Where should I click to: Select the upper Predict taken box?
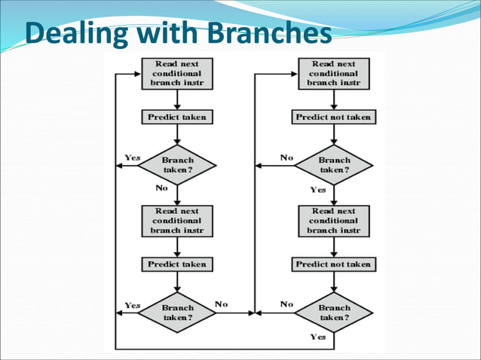coord(176,117)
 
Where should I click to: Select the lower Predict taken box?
coord(176,264)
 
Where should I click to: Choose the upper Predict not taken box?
coord(333,117)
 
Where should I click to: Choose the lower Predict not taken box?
coord(333,264)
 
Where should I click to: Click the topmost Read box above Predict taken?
coord(176,74)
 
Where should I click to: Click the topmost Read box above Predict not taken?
coord(333,74)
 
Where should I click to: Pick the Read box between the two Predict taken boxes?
coord(176,221)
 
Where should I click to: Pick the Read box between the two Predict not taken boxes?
coord(333,221)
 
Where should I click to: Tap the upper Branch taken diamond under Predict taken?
coord(178,165)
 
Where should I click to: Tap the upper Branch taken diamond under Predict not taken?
coord(334,165)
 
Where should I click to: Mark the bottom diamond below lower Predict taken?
coord(178,313)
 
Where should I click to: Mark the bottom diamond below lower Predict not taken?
coord(334,313)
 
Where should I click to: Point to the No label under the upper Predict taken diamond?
coord(161,188)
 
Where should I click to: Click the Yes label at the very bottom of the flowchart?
coord(317,337)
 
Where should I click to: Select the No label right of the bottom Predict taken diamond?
coord(221,304)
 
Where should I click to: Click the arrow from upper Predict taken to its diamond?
coord(176,134)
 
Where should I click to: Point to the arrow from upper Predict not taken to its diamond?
coord(333,134)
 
